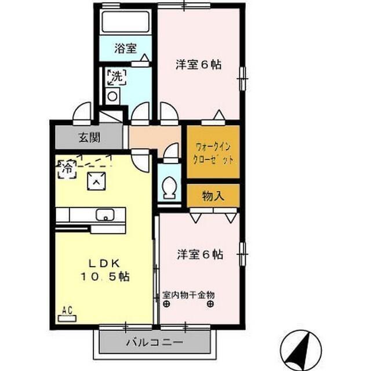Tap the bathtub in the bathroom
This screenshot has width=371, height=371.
point(125,22)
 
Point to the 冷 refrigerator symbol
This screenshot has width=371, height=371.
point(67,169)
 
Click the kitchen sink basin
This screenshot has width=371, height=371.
point(106,214)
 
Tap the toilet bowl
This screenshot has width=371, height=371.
point(170,187)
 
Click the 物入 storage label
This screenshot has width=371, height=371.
point(212,196)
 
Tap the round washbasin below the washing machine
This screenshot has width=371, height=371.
point(112,96)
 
